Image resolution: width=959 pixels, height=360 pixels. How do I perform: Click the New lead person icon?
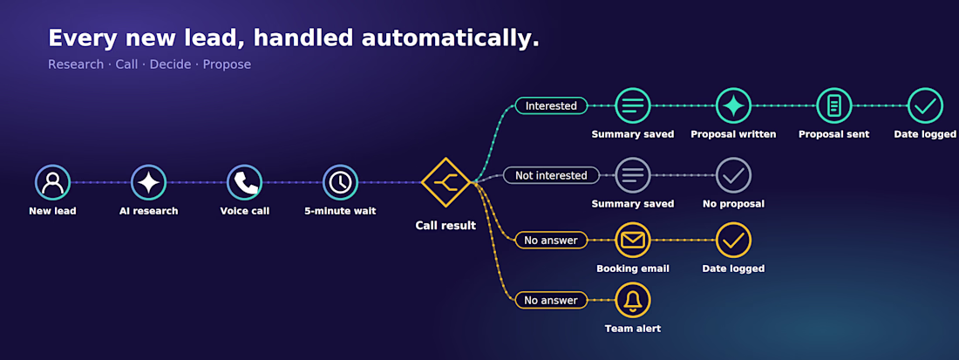click(x=52, y=182)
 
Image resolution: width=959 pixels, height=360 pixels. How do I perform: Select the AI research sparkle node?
click(x=148, y=182)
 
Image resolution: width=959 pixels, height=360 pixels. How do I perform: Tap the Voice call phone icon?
click(x=245, y=182)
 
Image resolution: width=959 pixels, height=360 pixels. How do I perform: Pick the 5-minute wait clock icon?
click(x=340, y=182)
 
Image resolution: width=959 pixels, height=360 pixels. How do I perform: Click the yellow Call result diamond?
click(x=445, y=182)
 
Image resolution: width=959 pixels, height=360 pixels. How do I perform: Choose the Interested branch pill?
click(x=551, y=105)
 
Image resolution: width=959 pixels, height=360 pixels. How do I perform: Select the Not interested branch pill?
click(x=551, y=175)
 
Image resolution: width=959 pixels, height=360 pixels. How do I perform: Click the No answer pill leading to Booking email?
click(x=551, y=241)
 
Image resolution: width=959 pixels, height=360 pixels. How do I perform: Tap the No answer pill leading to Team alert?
click(x=551, y=300)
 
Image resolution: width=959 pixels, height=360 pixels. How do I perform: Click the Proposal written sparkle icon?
click(x=733, y=105)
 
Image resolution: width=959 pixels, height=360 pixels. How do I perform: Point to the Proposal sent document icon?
click(x=833, y=105)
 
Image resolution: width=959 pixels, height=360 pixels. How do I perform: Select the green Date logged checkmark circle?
click(x=925, y=105)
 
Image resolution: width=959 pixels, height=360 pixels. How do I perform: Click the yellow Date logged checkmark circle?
click(x=733, y=241)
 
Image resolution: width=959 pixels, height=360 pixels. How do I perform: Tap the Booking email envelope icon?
click(x=633, y=241)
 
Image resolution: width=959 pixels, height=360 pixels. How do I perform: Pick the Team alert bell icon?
click(x=633, y=300)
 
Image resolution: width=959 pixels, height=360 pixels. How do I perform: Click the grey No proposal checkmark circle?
click(x=733, y=175)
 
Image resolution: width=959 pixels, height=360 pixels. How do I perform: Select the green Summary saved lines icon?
click(x=633, y=105)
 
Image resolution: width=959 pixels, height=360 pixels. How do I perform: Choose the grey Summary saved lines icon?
click(x=633, y=175)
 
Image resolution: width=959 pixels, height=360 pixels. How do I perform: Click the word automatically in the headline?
click(x=450, y=38)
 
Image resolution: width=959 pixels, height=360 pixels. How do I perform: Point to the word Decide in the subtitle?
click(x=173, y=65)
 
